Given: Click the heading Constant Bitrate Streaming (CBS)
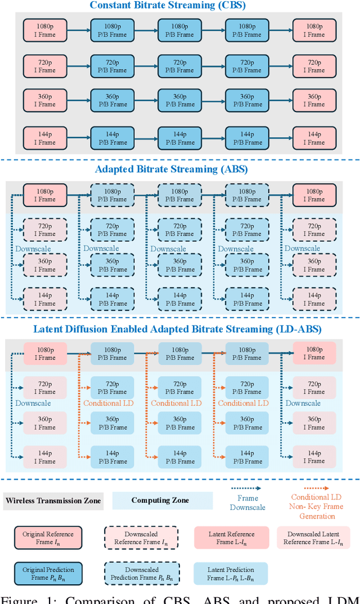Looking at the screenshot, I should click(x=179, y=6).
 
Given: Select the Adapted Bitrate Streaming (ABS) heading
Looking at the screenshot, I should click(x=179, y=169).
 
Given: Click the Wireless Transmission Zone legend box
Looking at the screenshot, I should click(x=53, y=500).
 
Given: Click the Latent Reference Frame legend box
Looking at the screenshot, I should click(x=231, y=538).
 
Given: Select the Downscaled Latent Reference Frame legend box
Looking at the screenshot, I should click(x=313, y=538).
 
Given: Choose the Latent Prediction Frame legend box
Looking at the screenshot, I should click(x=231, y=574).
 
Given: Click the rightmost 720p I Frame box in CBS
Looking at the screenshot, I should click(x=315, y=66).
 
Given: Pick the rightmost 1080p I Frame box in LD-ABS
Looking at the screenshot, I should click(x=315, y=354).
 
